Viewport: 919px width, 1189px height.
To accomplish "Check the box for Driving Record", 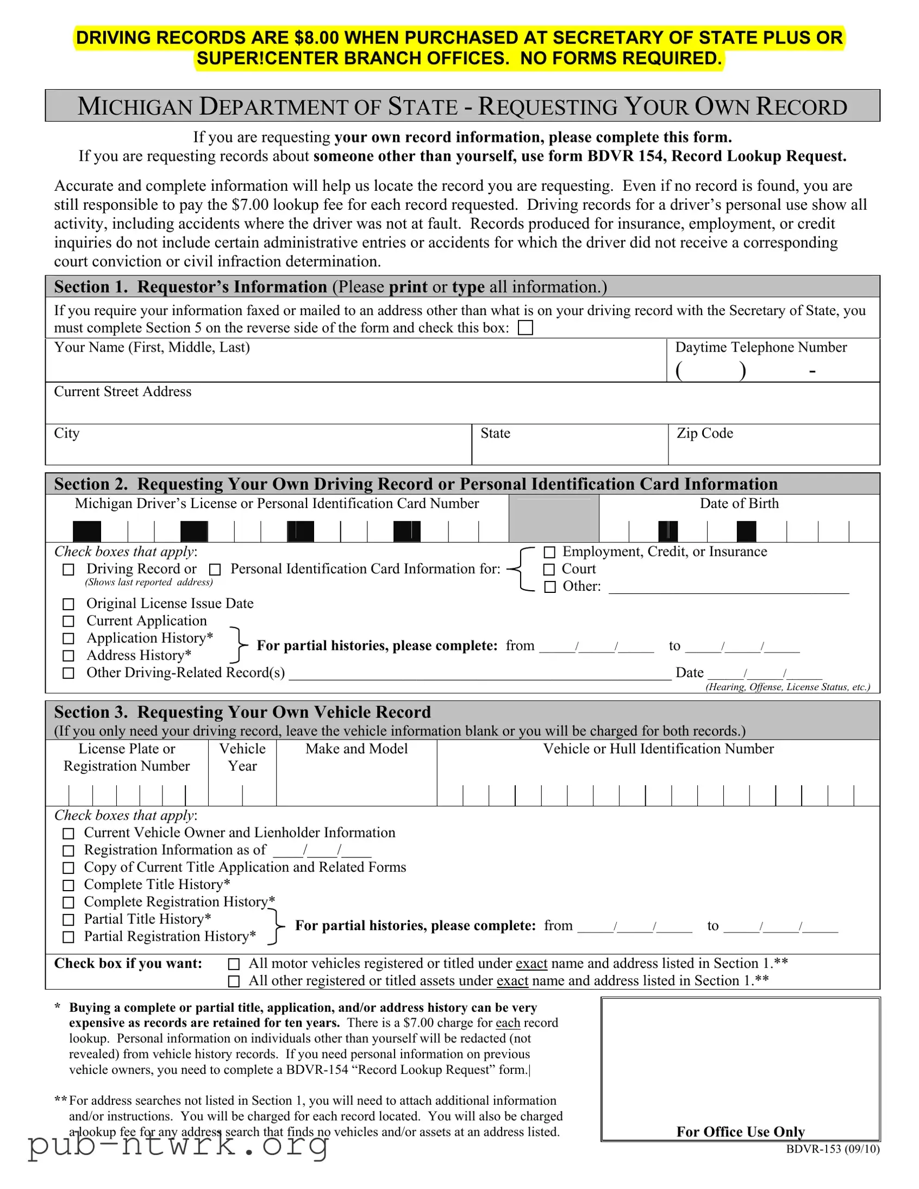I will [68, 570].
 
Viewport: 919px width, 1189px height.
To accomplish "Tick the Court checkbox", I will [549, 570].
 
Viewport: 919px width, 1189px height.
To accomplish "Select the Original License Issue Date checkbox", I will [68, 604].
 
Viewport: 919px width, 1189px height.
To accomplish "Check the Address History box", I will [68, 656].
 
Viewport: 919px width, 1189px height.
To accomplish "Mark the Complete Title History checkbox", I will [68, 885].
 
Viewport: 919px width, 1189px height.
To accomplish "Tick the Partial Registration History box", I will [68, 937].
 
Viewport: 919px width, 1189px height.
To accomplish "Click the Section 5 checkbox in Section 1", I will [526, 328].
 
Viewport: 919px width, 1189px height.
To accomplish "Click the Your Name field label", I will [152, 347].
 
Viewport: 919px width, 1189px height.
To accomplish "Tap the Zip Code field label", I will [704, 433].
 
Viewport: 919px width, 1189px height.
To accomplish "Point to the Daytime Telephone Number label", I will [760, 347].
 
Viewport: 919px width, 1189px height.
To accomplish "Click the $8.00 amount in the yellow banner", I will [316, 37].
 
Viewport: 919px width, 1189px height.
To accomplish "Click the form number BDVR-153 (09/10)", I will [833, 1149].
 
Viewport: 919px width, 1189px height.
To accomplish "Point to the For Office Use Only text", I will [740, 1132].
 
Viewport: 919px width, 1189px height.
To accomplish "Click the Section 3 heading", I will [242, 712].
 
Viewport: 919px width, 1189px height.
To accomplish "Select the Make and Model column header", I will [357, 749].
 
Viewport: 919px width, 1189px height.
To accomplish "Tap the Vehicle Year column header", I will [242, 758].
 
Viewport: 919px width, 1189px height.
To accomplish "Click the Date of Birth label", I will [739, 504].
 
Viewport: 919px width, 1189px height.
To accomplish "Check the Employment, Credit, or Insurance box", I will [549, 553].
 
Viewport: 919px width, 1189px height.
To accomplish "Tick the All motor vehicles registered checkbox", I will [234, 964].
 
